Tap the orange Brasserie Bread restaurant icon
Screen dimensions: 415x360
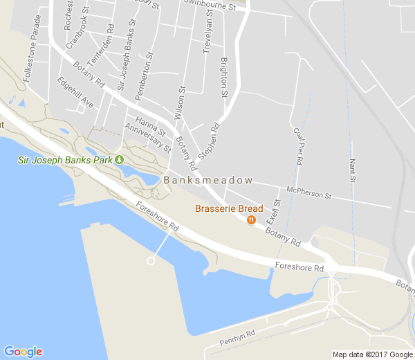click(x=250, y=220)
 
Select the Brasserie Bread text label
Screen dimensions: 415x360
click(x=229, y=208)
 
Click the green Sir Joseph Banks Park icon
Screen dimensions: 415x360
click(x=119, y=160)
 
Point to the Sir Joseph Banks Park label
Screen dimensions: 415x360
click(x=65, y=161)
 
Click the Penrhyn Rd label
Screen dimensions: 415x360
click(x=237, y=337)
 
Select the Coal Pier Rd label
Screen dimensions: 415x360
click(x=298, y=145)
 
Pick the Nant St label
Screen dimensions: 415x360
click(x=352, y=170)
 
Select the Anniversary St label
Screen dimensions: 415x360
click(x=147, y=137)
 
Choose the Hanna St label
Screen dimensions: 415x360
click(x=151, y=125)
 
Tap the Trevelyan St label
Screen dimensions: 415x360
click(x=207, y=33)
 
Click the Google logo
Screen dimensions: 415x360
click(x=23, y=352)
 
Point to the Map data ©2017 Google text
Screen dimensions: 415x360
click(x=371, y=354)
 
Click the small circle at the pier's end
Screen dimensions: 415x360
click(x=151, y=261)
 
